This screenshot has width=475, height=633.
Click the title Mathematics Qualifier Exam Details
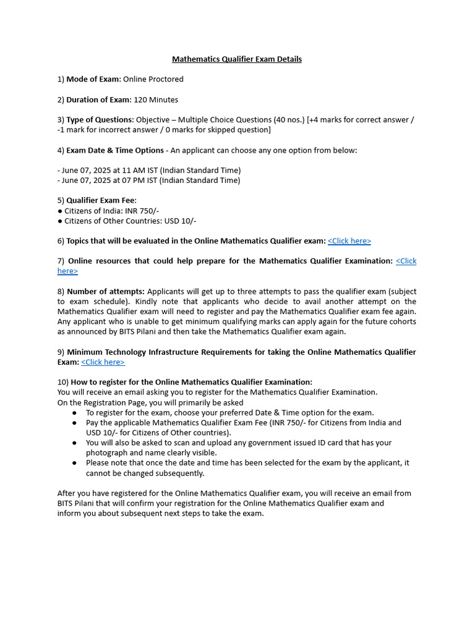point(237,59)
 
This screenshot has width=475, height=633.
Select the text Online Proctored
point(153,79)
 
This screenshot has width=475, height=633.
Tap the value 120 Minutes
point(156,100)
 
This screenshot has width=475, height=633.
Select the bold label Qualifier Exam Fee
point(101,200)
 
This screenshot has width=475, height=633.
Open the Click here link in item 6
point(349,241)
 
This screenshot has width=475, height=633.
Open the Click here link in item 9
point(103,362)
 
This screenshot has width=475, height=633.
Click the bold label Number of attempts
point(106,291)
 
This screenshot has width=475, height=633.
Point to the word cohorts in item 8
point(400,321)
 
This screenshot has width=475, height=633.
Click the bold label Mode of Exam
point(93,79)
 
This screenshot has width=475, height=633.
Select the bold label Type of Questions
point(100,119)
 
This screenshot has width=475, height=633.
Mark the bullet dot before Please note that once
point(74,463)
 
